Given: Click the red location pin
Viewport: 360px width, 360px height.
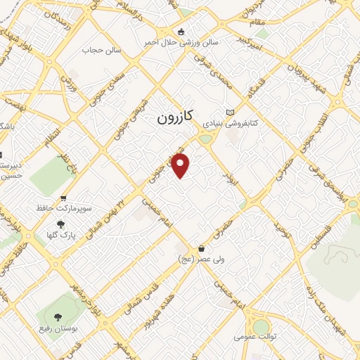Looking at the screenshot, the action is point(181,166).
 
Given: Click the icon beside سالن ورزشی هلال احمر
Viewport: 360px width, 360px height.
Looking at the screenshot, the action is point(181,32).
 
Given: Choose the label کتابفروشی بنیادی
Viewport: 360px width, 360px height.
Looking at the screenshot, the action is point(231,122).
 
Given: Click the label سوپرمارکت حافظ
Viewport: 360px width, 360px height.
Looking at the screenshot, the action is point(65,209).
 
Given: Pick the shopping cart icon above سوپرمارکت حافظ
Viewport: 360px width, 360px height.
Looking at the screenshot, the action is point(64,199).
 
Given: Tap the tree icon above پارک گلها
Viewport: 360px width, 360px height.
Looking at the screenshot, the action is point(61,224).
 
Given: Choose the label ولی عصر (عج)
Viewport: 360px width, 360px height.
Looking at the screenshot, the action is point(201,258).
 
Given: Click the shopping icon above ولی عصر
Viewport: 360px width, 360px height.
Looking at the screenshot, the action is point(202,248).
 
